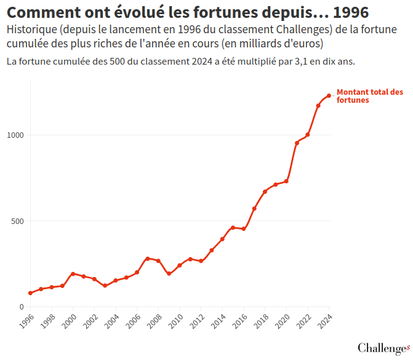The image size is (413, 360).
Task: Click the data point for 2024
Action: tap(329, 95)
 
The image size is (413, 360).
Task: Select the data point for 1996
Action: tap(30, 293)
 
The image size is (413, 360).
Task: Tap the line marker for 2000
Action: tap(73, 274)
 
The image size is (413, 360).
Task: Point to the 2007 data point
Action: tap(148, 258)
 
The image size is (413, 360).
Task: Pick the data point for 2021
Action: tap(297, 143)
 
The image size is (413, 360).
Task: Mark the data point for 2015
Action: tap(233, 228)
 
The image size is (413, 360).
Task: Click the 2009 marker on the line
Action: tap(169, 274)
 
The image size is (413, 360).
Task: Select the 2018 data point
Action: tap(265, 192)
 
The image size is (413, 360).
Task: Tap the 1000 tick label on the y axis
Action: tap(15, 135)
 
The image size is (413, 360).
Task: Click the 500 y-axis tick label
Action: tap(17, 221)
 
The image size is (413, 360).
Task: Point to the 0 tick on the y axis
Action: tap(21, 306)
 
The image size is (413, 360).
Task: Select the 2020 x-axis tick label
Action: tap(283, 321)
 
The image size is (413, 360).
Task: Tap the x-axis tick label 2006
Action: tap(133, 321)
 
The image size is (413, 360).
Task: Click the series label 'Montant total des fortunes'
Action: tap(369, 95)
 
